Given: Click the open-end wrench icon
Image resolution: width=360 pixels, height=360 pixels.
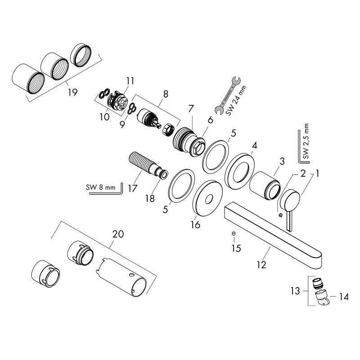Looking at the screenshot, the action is coord(228,95).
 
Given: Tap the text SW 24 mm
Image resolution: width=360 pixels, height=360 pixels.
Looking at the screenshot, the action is coord(236,101).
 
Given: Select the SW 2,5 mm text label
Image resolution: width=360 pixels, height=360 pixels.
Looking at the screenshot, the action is coord(306,141).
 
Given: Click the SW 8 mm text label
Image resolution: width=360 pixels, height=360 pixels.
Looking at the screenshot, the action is coord(100,187).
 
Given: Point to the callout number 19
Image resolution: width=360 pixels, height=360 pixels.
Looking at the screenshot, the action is coord(72,92).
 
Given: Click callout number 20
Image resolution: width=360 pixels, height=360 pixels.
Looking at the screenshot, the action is coord(118,234).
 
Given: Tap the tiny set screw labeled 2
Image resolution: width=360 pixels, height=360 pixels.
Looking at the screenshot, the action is coord(280,215).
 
